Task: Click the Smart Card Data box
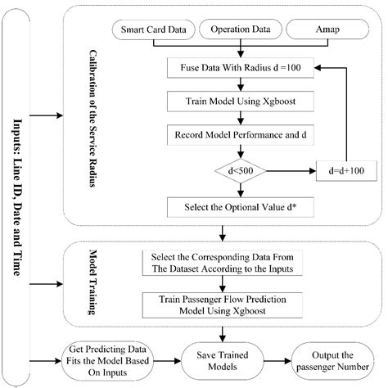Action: click(159, 33)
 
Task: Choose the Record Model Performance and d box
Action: click(237, 133)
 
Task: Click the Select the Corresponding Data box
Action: click(221, 262)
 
